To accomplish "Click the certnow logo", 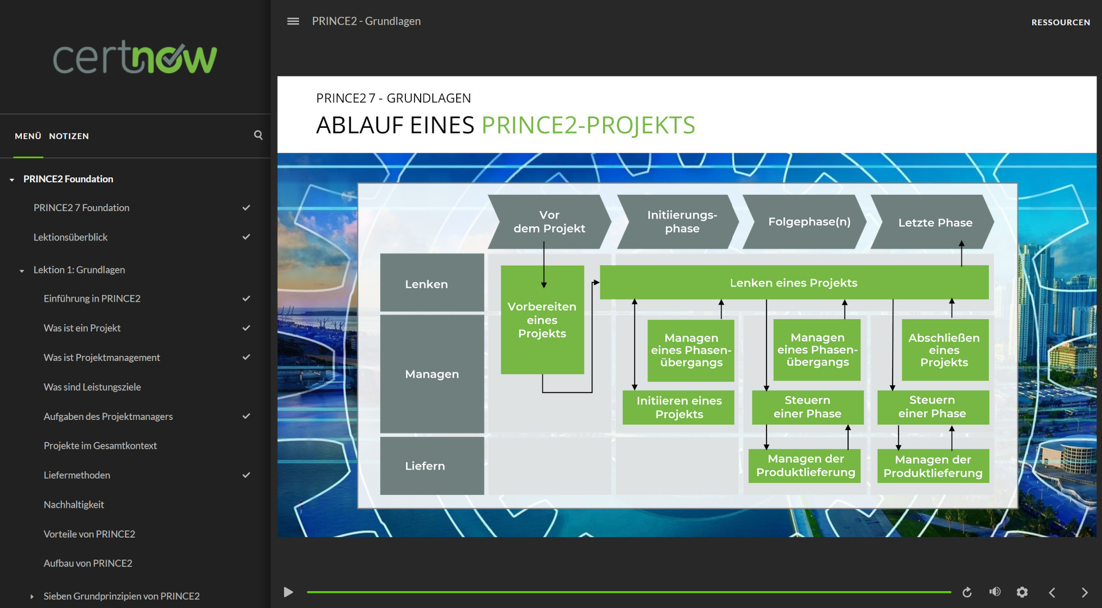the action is point(135,57).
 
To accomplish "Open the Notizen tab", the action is point(69,136).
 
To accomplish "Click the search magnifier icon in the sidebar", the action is point(258,135).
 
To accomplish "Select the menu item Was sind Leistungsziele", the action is point(92,387).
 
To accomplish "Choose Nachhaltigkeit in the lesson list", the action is point(74,504).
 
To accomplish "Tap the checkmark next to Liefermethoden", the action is point(246,475).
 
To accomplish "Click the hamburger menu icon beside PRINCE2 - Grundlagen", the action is point(293,21).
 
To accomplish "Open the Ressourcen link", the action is point(1061,23).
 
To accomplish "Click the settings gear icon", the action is point(1022,592).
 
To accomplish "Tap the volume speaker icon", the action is point(995,592).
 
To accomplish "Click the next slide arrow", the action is point(1085,592).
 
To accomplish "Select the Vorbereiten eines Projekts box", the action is point(542,320).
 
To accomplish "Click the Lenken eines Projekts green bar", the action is point(794,283).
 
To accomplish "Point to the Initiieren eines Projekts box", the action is point(679,408).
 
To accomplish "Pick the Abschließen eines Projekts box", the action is point(945,350).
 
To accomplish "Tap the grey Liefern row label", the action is point(432,466).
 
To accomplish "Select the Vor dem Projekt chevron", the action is point(550,222).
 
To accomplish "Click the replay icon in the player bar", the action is point(967,592).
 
